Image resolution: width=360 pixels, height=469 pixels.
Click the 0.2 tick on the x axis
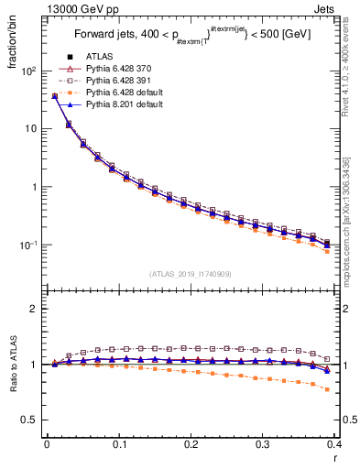point(191,445)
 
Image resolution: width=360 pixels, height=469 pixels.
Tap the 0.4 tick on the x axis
point(334,445)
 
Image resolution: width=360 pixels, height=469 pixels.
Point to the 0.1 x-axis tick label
point(118,445)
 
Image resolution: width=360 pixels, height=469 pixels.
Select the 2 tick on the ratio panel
point(33,309)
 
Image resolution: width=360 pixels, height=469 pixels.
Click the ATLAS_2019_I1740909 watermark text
point(190,273)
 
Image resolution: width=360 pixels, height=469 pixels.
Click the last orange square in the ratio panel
point(327,389)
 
